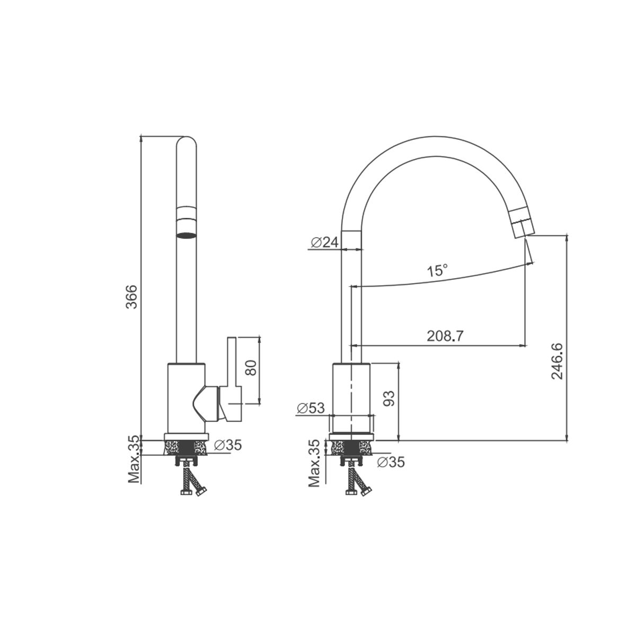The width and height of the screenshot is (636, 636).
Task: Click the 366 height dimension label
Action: pyautogui.click(x=131, y=296)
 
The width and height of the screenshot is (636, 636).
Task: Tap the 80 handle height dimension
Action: pyautogui.click(x=252, y=368)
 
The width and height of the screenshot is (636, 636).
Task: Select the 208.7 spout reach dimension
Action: pyautogui.click(x=445, y=336)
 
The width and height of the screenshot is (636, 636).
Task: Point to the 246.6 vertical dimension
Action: pyautogui.click(x=557, y=361)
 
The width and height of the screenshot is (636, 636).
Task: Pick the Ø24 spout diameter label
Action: pyautogui.click(x=325, y=243)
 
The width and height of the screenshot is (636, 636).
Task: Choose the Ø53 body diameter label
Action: pyautogui.click(x=311, y=408)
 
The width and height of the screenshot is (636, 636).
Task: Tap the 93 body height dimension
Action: pyautogui.click(x=390, y=399)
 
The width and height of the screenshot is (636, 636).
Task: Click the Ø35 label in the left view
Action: pyautogui.click(x=228, y=445)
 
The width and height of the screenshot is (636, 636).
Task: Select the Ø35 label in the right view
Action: pyautogui.click(x=391, y=462)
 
